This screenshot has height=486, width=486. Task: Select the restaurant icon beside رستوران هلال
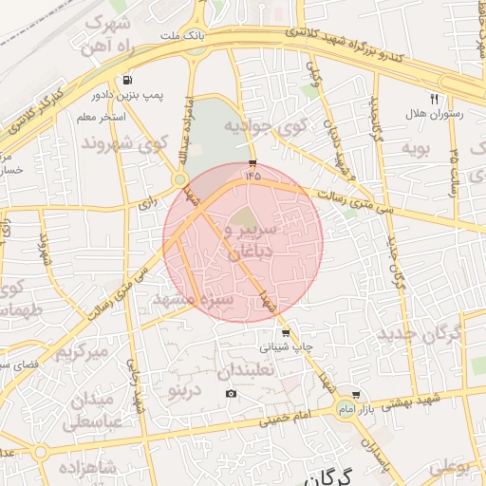(x=434, y=98)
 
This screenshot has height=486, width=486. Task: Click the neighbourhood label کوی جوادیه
(x=262, y=125)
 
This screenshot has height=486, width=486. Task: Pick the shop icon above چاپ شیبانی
(x=286, y=333)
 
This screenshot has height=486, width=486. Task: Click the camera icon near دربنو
(x=231, y=394)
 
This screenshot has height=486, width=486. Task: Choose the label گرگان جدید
(x=419, y=334)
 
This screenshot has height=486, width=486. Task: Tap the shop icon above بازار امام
(x=356, y=394)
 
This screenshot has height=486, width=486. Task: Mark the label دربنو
(x=184, y=389)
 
